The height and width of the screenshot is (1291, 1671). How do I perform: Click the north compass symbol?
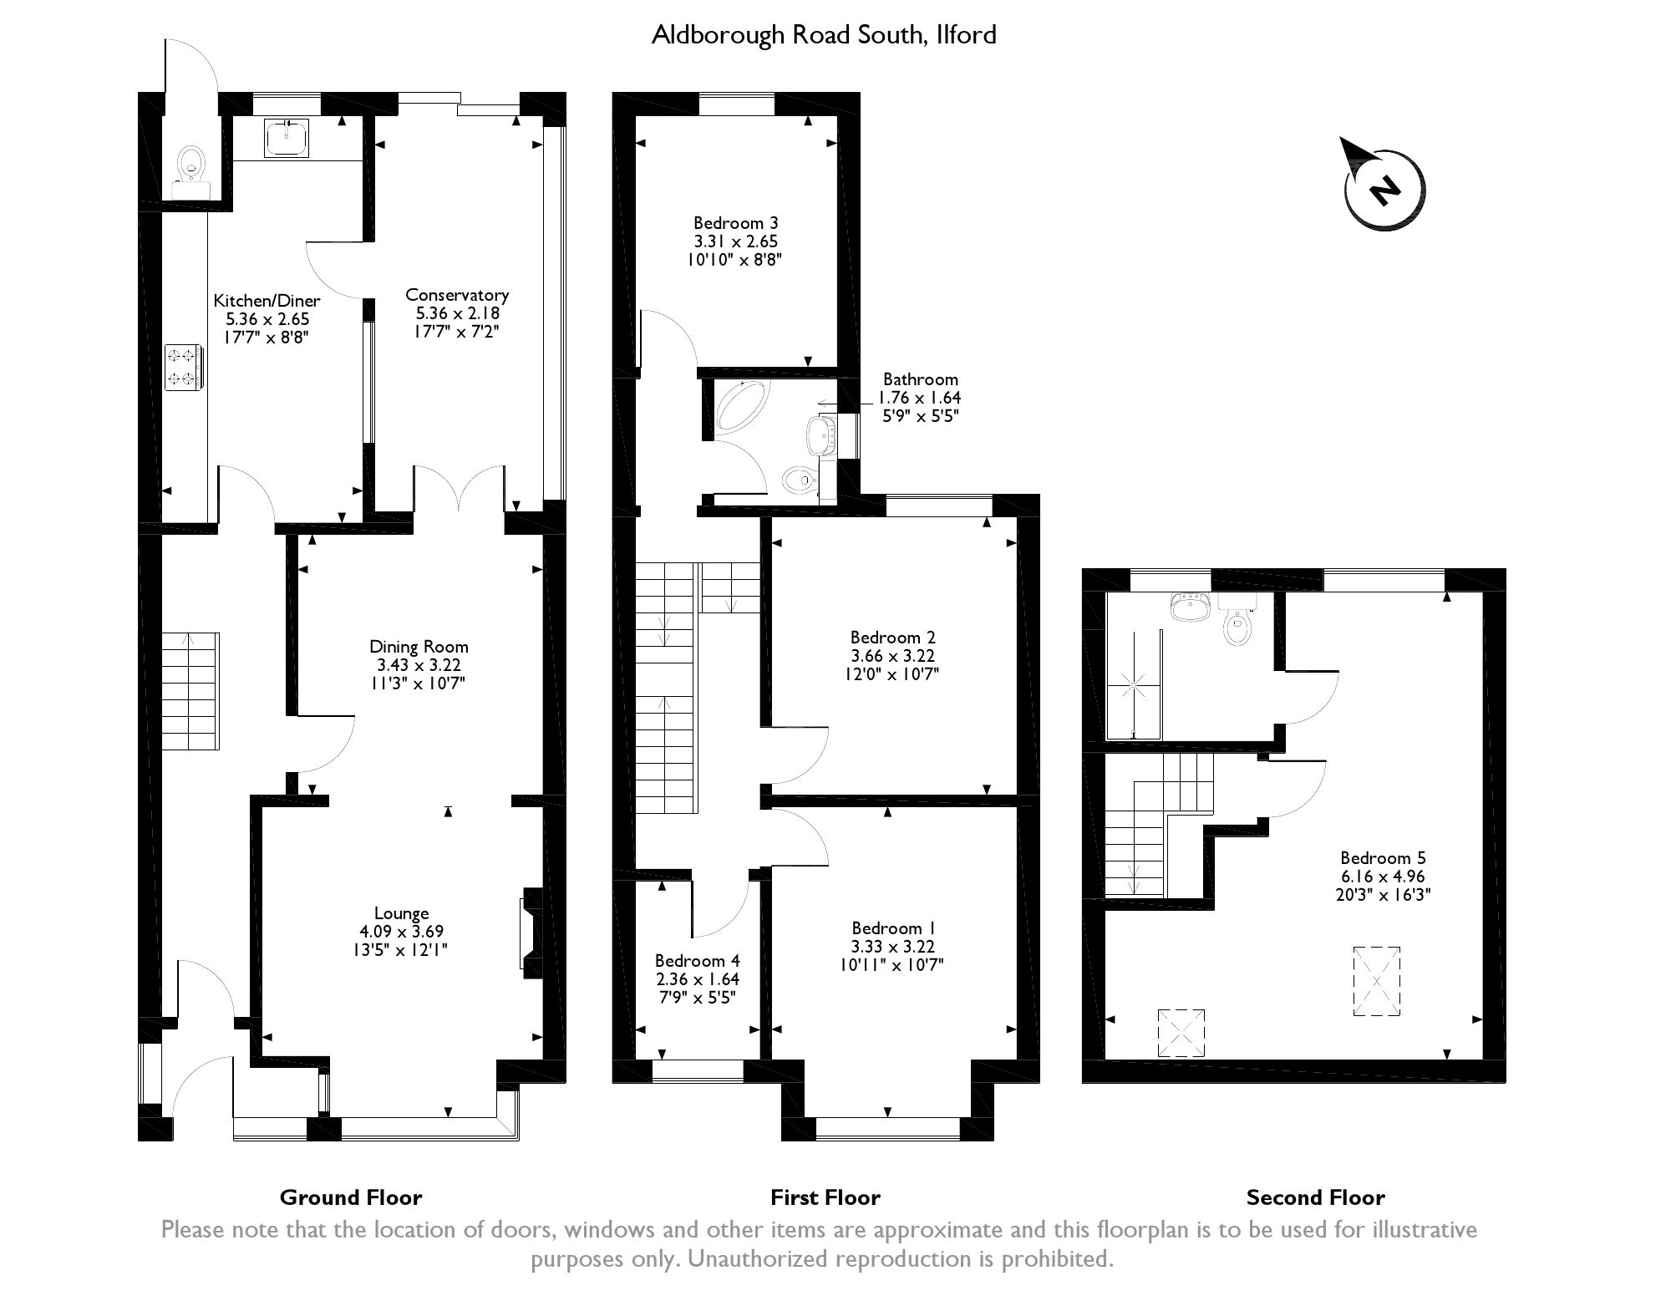[1384, 189]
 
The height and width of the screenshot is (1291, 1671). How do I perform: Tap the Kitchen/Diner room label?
[267, 300]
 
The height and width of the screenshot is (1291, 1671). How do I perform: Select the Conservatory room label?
[457, 294]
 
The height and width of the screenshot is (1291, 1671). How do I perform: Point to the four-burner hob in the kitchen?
[183, 367]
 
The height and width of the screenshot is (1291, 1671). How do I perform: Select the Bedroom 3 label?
[735, 223]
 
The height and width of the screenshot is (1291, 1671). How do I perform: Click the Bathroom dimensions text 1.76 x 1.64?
[919, 398]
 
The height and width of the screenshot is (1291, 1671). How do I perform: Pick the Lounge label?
[401, 913]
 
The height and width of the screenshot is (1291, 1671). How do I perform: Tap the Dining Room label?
[419, 646]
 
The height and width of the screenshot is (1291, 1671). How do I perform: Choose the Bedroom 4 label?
[697, 961]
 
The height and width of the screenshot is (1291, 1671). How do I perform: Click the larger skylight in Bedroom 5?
[1376, 981]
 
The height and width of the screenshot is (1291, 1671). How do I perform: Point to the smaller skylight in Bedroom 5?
[1181, 1033]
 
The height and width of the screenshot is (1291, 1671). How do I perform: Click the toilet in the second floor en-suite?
[1237, 619]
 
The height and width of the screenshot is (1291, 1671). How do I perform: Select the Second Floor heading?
[1315, 1197]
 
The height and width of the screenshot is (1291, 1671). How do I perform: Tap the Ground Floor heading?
[351, 1197]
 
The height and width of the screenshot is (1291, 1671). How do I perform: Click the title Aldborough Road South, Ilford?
[824, 34]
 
